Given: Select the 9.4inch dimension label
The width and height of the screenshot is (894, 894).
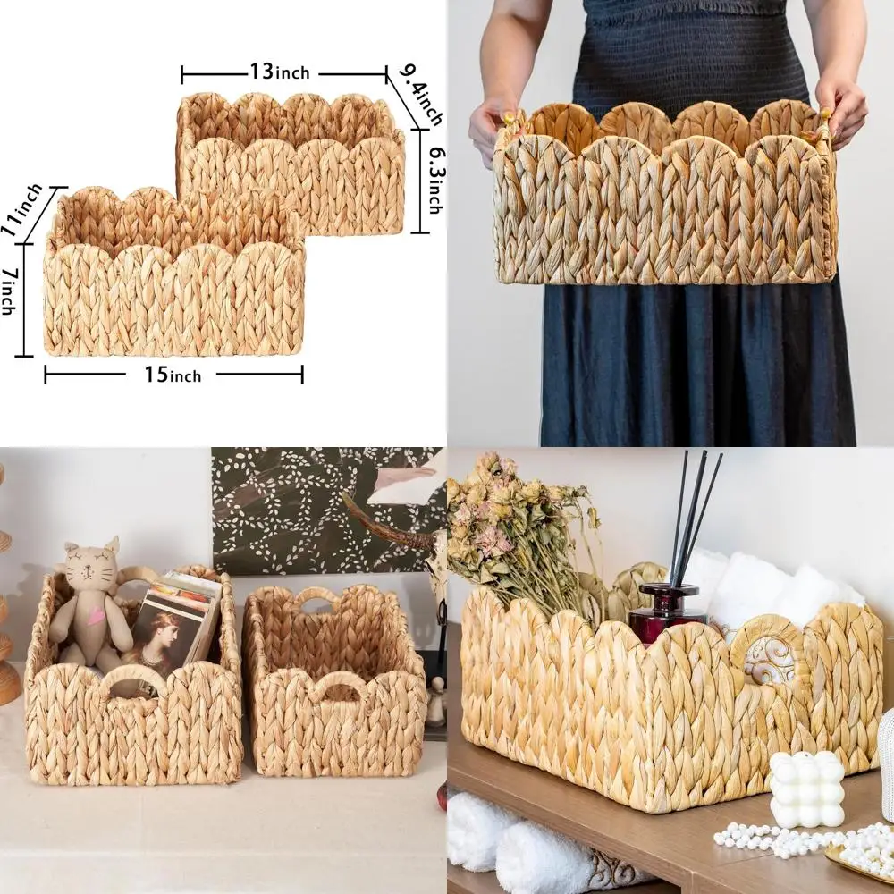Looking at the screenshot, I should [x=420, y=95].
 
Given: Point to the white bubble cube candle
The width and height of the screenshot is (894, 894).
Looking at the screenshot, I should [x=806, y=789].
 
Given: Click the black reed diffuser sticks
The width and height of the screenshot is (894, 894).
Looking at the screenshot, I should [x=694, y=514].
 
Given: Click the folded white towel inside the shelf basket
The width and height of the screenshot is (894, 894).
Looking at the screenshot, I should [x=760, y=586].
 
